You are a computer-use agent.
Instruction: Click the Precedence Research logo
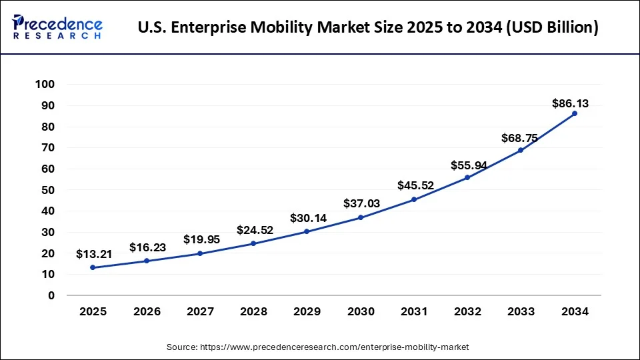coord(57,27)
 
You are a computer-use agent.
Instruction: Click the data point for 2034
coord(575,113)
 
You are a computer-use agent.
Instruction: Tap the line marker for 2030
coord(361,217)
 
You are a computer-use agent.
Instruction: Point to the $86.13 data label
coord(570,103)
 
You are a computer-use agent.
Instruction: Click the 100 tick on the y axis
coord(45,85)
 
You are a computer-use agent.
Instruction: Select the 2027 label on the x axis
coord(200,311)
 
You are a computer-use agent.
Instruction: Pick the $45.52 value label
coord(415,186)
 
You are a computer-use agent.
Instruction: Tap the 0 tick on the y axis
coord(51,295)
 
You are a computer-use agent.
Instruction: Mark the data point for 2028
coord(253,243)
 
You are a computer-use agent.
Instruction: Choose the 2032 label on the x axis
coord(468,311)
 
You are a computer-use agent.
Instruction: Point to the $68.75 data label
coord(519,138)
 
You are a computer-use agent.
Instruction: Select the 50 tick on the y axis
coord(48,190)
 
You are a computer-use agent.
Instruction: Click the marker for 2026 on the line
coord(146,261)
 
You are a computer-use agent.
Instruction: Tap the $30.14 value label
coord(308,218)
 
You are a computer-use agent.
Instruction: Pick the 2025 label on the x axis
coord(93,311)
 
